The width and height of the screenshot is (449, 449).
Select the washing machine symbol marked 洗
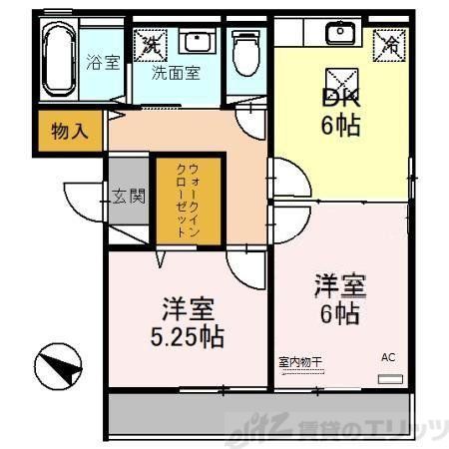point(151,43)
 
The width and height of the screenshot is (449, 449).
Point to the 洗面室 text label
point(175,73)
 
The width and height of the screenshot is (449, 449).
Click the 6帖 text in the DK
point(339,127)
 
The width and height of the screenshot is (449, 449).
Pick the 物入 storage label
point(69,132)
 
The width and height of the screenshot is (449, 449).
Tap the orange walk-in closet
point(179,199)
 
